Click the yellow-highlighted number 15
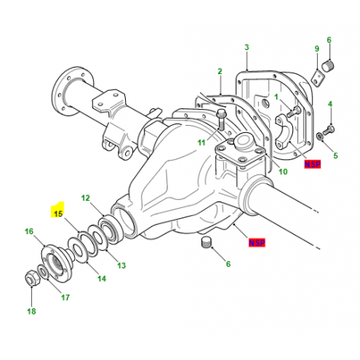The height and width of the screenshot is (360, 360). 58,213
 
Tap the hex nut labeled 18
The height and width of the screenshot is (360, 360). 32,278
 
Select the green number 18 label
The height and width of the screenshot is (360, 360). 31,311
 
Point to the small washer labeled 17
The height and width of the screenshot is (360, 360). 43,272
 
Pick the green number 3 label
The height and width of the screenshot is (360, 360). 247,47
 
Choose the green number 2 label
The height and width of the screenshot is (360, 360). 220,71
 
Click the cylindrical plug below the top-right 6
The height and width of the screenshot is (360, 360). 328,66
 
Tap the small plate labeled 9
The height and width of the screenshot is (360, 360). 318,77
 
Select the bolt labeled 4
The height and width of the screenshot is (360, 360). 328,130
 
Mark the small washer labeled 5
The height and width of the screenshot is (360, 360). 319,136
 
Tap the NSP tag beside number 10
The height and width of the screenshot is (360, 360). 312,164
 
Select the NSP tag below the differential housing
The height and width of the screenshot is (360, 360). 256,243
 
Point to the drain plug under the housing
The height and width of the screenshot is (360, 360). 205,242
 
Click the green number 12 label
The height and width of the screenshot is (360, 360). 85,198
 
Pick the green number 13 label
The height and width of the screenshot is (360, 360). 122,265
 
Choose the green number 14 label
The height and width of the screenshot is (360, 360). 102,279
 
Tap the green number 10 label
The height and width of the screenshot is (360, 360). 283,171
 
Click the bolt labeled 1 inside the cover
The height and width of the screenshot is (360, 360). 293,112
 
